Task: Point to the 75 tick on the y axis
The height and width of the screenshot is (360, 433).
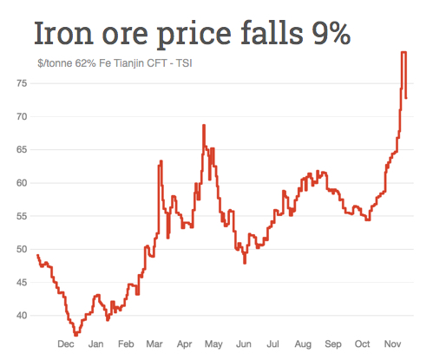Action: tap(21, 82)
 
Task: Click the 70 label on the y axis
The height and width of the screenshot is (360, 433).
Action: tap(21, 116)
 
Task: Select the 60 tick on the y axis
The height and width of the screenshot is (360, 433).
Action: tap(21, 182)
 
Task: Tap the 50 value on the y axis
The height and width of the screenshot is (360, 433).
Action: tap(21, 249)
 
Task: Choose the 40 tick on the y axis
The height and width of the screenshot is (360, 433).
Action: tap(21, 315)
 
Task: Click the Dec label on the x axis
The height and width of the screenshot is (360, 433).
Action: tap(65, 344)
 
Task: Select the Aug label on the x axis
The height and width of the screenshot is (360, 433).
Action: tap(304, 344)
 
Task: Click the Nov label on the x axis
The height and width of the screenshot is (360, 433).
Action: tap(392, 344)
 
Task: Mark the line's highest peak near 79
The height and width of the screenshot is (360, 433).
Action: tap(403, 53)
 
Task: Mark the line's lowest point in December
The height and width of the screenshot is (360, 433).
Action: tap(75, 334)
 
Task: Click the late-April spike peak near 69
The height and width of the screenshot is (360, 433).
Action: tap(203, 126)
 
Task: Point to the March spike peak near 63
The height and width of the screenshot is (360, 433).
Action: tap(161, 162)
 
